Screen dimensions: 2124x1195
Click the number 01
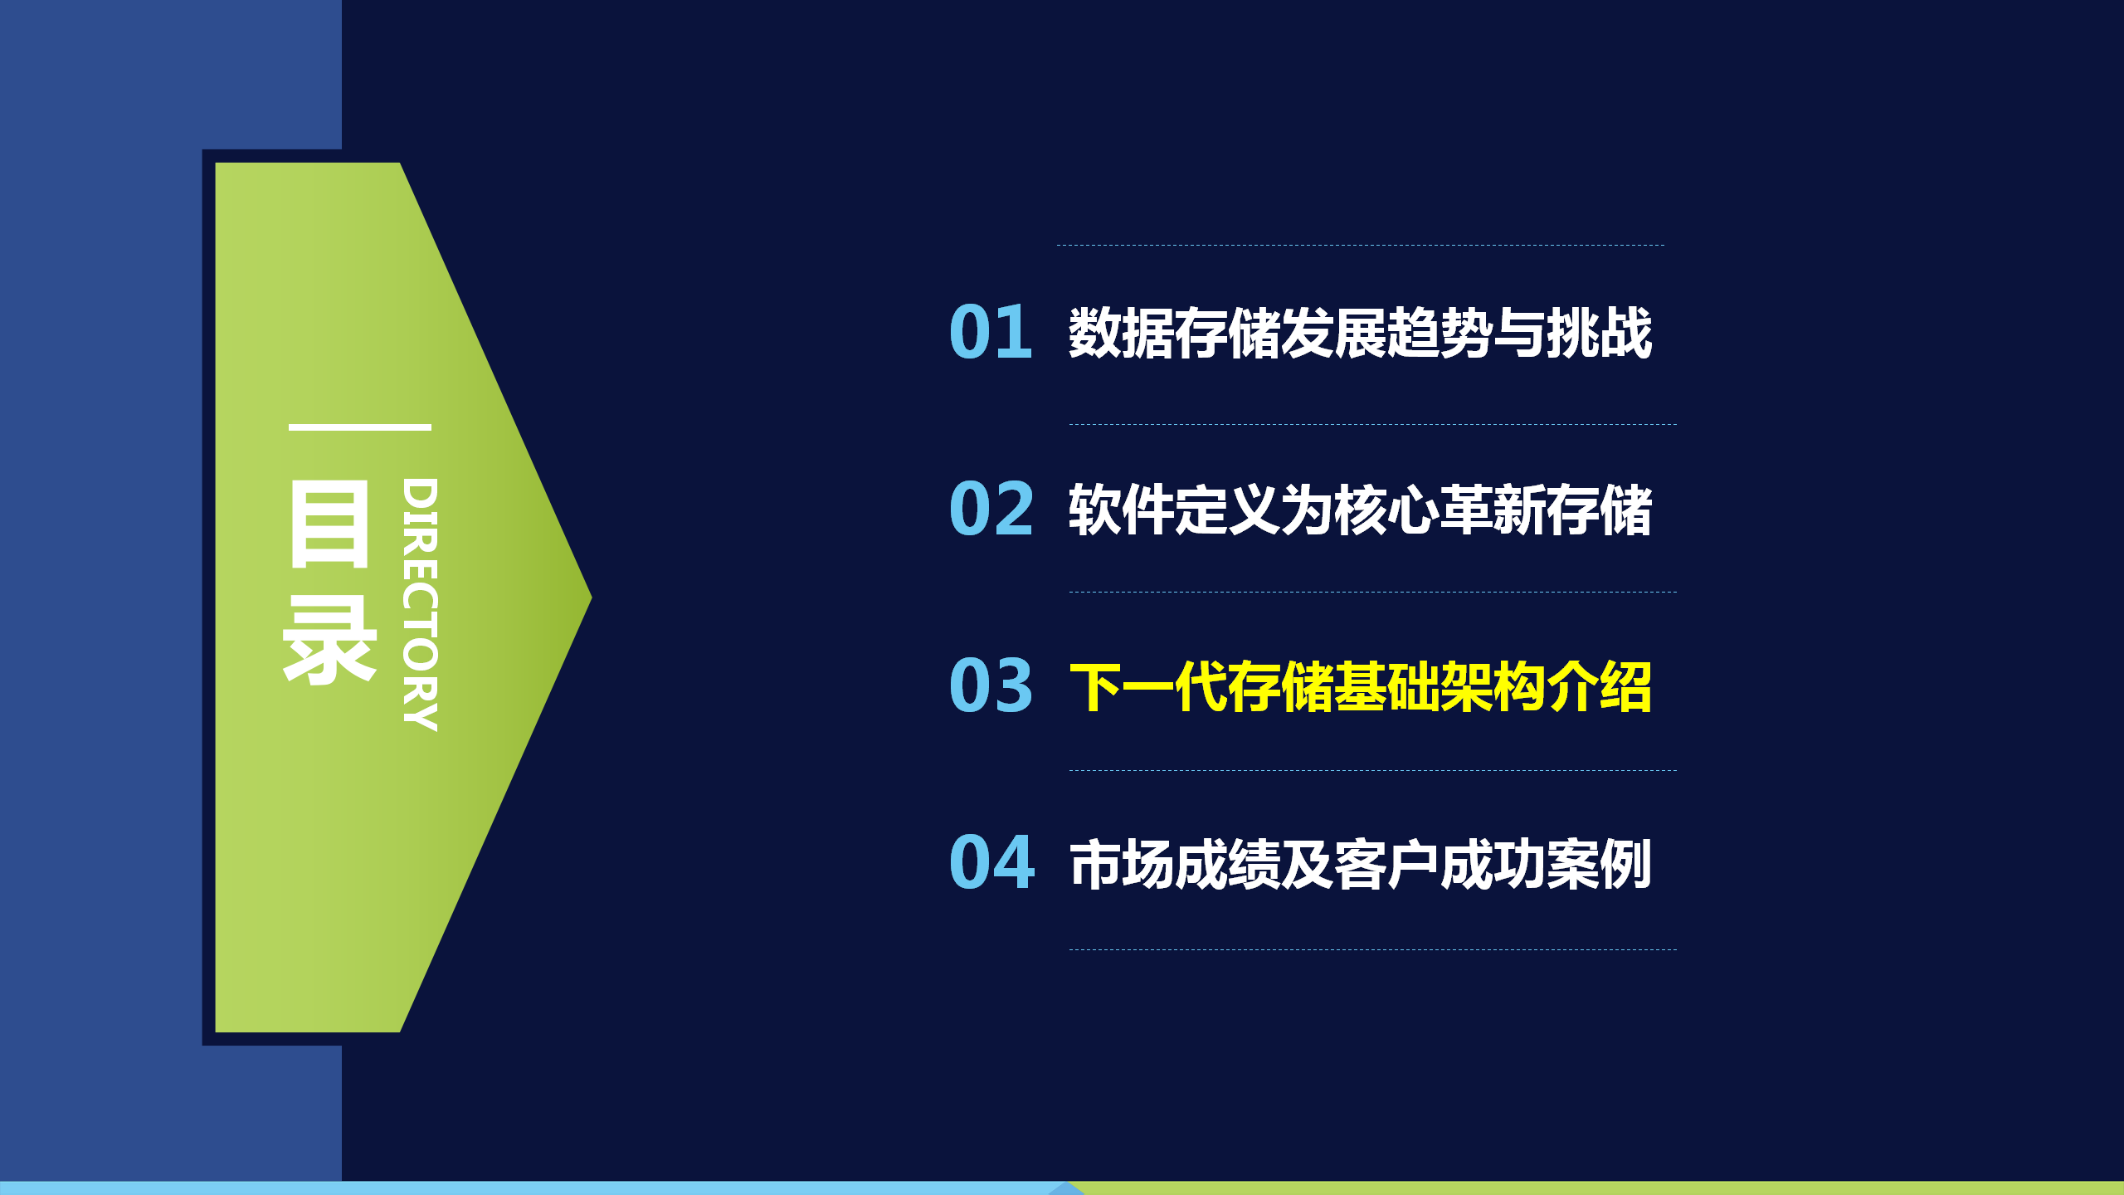point(991,332)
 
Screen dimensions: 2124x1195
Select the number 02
point(991,509)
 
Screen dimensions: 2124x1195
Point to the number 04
point(992,862)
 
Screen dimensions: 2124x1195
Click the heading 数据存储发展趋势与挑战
point(1361,333)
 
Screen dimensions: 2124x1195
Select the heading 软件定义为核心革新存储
point(1361,510)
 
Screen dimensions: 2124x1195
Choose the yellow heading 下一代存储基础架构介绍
point(1361,686)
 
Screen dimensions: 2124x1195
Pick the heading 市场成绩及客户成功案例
point(1361,864)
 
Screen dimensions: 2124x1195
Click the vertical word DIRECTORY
point(420,604)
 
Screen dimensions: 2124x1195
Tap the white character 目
point(329,524)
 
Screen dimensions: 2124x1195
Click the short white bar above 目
point(360,427)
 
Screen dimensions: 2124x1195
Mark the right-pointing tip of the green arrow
point(591,597)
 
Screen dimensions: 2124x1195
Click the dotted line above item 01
point(1361,245)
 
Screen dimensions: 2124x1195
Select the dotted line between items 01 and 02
point(1373,424)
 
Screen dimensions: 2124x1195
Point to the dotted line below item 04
point(1373,949)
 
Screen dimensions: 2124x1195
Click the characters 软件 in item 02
point(1121,510)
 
